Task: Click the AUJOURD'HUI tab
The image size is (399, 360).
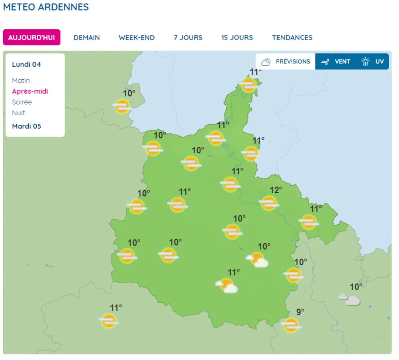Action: pyautogui.click(x=32, y=37)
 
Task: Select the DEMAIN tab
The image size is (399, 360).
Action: pyautogui.click(x=87, y=37)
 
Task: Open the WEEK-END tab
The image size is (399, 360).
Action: pyautogui.click(x=136, y=37)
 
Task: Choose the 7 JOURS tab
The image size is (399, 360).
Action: pyautogui.click(x=188, y=37)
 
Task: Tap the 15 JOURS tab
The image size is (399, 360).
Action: pyautogui.click(x=237, y=37)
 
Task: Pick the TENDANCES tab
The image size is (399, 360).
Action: pyautogui.click(x=292, y=37)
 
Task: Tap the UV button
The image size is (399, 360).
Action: pyautogui.click(x=373, y=62)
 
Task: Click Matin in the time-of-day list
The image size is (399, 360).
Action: pyautogui.click(x=21, y=80)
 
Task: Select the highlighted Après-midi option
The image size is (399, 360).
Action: pyautogui.click(x=30, y=91)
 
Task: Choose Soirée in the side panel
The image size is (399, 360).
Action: pyautogui.click(x=22, y=102)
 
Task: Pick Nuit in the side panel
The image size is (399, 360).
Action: pyautogui.click(x=18, y=113)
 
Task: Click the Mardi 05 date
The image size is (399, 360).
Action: pyautogui.click(x=26, y=126)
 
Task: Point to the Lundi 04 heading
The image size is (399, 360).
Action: pyautogui.click(x=26, y=65)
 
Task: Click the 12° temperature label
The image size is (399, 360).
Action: pyautogui.click(x=276, y=190)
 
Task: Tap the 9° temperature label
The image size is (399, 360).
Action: pyautogui.click(x=300, y=312)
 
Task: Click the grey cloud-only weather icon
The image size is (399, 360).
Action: pyautogui.click(x=349, y=299)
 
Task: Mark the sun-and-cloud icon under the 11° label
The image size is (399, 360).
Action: pyautogui.click(x=227, y=286)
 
